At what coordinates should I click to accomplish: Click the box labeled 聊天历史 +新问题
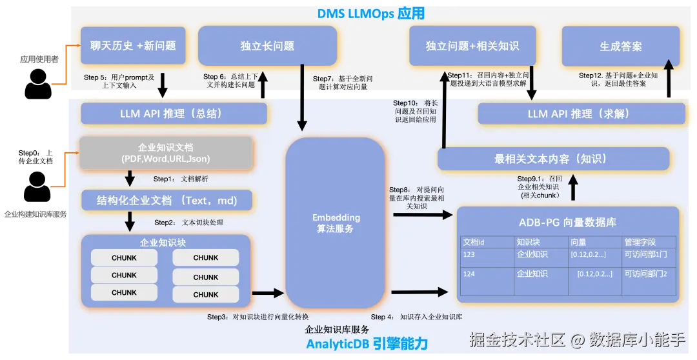click(133, 46)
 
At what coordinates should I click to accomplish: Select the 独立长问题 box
click(267, 46)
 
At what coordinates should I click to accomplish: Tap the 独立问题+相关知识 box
click(472, 46)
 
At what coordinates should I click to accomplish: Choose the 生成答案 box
click(621, 46)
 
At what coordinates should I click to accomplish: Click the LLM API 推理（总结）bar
click(174, 114)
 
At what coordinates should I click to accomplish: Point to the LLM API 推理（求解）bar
click(581, 114)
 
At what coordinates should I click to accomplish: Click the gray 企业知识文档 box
click(165, 153)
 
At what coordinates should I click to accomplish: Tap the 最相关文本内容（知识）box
click(554, 159)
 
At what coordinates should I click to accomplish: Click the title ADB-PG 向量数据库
click(567, 223)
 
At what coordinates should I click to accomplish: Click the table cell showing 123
click(469, 255)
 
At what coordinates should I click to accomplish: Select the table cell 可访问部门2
click(645, 274)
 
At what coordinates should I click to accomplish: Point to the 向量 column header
click(578, 242)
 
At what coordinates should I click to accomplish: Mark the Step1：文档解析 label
click(180, 179)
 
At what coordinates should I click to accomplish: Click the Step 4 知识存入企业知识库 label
click(416, 317)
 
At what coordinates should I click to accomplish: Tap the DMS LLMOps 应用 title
click(370, 14)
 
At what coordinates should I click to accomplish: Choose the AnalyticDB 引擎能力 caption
click(367, 344)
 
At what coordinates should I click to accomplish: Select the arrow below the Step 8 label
click(423, 215)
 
